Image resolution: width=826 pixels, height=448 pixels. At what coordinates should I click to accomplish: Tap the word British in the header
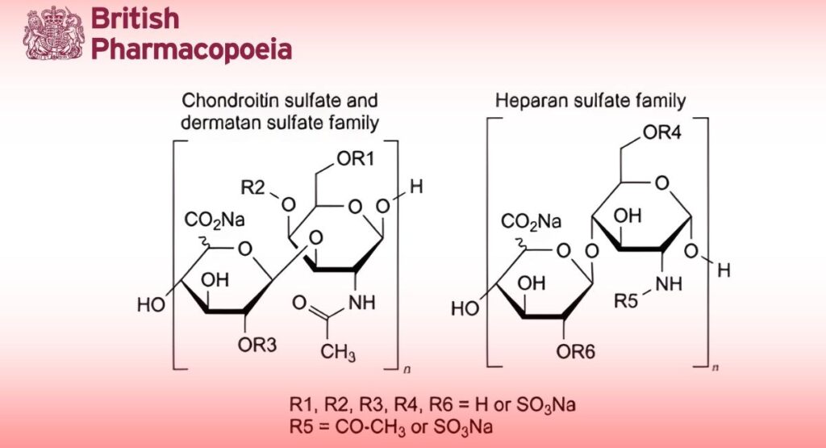click(x=136, y=18)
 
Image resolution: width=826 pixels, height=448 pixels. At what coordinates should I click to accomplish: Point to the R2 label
click(x=253, y=188)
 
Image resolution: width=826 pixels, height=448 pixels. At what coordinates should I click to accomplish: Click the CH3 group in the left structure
click(x=339, y=353)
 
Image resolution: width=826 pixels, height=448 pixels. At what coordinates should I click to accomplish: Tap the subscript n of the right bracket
click(x=716, y=369)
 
